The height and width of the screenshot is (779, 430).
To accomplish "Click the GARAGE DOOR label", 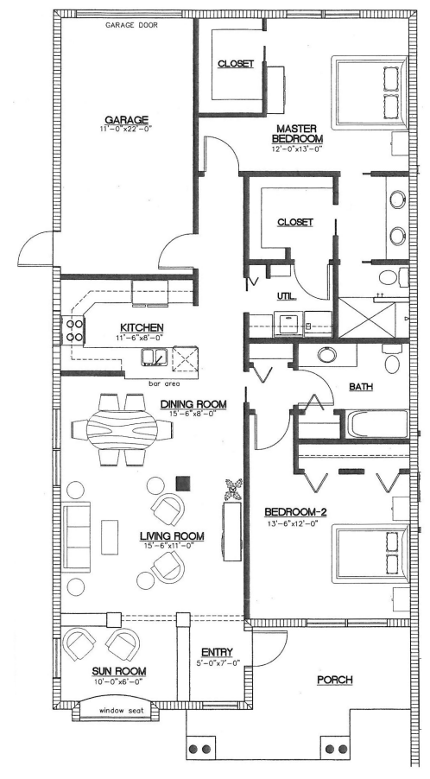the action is [131, 25].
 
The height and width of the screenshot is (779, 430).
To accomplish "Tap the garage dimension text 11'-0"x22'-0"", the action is [125, 129].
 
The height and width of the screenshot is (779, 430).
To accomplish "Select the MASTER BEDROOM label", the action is [297, 134].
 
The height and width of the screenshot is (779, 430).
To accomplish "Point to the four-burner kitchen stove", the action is [73, 330].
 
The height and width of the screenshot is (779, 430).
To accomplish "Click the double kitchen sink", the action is [153, 357].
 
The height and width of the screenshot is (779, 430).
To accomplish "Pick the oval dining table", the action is [122, 427].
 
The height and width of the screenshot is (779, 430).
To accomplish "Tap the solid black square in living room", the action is [183, 483].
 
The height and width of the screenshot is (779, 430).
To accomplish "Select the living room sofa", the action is [77, 539].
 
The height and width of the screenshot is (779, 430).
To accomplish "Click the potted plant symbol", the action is [232, 490].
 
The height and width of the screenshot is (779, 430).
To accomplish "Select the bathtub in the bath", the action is [378, 425].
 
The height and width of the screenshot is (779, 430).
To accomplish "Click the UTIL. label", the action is [287, 296].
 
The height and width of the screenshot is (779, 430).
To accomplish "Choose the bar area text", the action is [164, 383].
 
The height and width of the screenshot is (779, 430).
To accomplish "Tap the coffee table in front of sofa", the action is [110, 537].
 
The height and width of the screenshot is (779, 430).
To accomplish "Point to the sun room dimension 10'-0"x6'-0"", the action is [118, 682].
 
